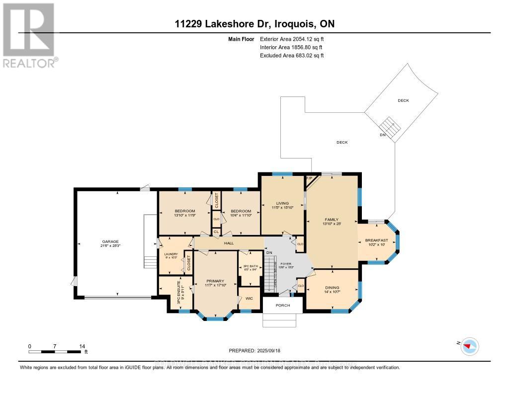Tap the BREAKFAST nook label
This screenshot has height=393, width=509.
pyautogui.click(x=376, y=240)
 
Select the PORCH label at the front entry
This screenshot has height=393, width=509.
pyautogui.click(x=282, y=305)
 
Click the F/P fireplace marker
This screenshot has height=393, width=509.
pyautogui.click(x=308, y=178)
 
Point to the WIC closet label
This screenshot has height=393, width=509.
pyautogui.click(x=250, y=298)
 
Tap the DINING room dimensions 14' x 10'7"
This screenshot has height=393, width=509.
pyautogui.click(x=332, y=292)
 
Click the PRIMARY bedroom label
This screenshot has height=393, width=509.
pyautogui.click(x=215, y=281)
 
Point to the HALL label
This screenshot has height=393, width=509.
pyautogui.click(x=229, y=243)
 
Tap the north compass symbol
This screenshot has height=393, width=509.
pyautogui.click(x=469, y=346)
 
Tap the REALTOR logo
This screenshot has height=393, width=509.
pyautogui.click(x=29, y=35)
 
